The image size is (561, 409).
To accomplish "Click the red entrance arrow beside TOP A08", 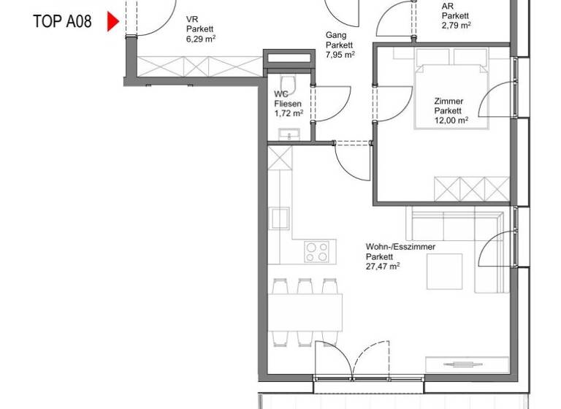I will coord(112,21).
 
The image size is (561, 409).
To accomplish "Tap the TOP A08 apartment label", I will coord(62,21).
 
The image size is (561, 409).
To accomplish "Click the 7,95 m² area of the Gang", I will coord(340,54).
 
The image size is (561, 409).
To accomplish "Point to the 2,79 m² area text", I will coord(456,24).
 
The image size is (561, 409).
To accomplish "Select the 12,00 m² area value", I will coord(451,121).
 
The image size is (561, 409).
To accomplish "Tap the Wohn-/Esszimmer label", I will coord(400,247).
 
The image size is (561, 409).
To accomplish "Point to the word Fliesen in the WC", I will coord(287,104).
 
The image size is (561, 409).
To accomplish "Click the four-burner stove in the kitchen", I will coord(317,252).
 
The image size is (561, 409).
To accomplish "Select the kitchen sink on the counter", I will coord(280,218).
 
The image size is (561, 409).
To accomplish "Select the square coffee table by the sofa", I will coord(445,270).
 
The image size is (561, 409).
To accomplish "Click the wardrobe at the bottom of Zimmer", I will coord(471,188).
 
